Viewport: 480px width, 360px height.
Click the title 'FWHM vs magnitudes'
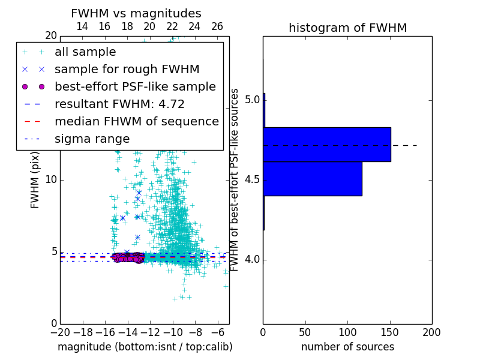[x=136, y=13]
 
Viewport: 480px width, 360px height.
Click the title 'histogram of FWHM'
[x=347, y=28]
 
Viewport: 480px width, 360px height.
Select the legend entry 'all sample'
[x=85, y=52]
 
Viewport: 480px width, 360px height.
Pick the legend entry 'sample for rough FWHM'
[x=127, y=70]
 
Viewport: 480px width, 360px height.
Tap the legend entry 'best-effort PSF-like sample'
[x=135, y=87]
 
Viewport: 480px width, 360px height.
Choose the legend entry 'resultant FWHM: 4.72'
[x=119, y=104]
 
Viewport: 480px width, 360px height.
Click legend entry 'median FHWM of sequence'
[x=136, y=122]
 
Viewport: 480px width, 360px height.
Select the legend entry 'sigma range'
[x=92, y=139]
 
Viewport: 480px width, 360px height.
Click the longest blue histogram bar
[x=327, y=144]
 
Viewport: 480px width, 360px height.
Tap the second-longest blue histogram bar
[x=313, y=178]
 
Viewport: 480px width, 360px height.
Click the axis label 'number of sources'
[x=347, y=347]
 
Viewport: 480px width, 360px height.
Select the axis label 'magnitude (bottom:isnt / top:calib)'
[x=145, y=347]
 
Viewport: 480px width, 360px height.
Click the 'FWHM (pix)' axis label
[x=35, y=180]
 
